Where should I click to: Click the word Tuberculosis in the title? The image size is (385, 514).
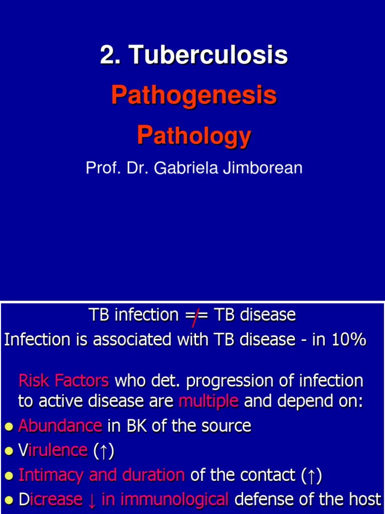pyautogui.click(x=210, y=55)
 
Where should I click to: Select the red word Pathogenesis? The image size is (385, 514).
pyautogui.click(x=194, y=95)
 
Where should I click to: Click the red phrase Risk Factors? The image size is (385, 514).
pyautogui.click(x=63, y=380)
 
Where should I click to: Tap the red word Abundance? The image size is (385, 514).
pyautogui.click(x=60, y=426)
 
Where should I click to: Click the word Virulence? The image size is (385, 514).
pyautogui.click(x=53, y=450)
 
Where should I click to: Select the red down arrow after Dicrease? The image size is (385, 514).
pyautogui.click(x=92, y=499)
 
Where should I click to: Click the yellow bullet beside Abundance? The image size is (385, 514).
pyautogui.click(x=8, y=427)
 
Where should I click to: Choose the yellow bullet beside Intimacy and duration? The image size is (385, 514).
pyautogui.click(x=8, y=475)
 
